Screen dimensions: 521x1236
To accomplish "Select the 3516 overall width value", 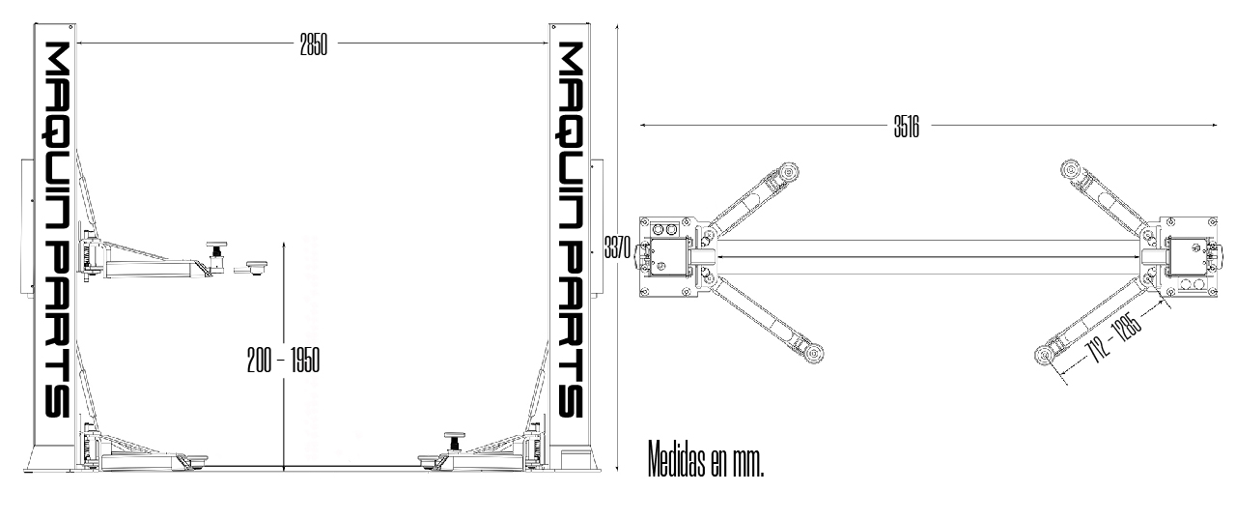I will [x=905, y=126].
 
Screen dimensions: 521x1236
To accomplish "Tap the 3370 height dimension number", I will [x=617, y=248].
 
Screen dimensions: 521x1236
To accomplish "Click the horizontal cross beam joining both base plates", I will [x=927, y=255].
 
